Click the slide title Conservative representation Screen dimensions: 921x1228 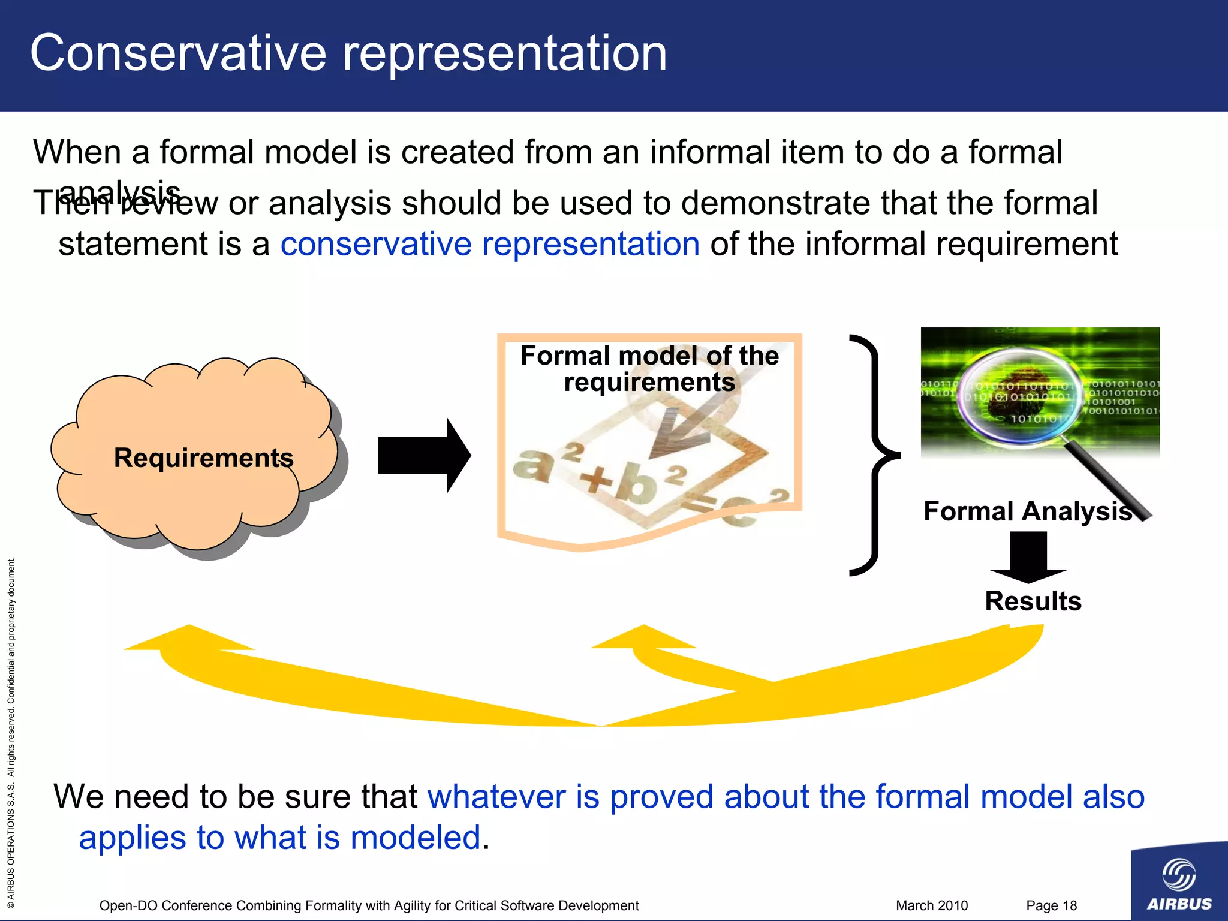click(348, 54)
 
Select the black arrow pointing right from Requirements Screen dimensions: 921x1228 click(423, 456)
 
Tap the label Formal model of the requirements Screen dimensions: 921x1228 click(649, 369)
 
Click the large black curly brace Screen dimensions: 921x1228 click(873, 456)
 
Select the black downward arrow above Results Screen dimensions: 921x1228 click(1028, 558)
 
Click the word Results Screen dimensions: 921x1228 click(1033, 601)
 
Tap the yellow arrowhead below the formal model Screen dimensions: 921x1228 click(643, 639)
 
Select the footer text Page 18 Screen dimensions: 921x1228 click(1051, 905)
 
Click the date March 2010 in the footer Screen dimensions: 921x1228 click(931, 905)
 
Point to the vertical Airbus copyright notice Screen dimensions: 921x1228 click(11, 732)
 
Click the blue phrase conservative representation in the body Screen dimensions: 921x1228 click(490, 245)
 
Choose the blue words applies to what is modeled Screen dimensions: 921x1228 click(280, 838)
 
